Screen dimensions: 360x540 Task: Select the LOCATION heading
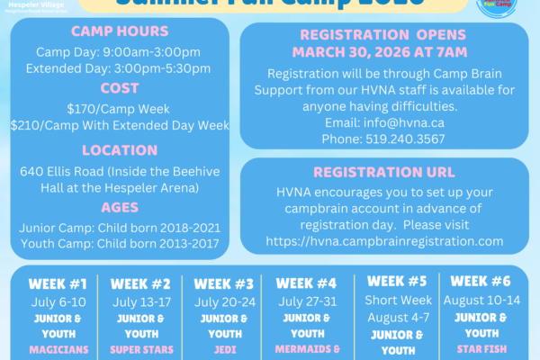tap(119, 150)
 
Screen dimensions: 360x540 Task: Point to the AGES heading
tap(119, 206)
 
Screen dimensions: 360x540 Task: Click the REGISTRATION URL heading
tap(384, 173)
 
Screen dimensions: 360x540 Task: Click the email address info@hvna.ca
tap(384, 123)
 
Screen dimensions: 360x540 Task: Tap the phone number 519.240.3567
tap(384, 139)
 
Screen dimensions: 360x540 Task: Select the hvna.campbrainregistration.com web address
tap(384, 241)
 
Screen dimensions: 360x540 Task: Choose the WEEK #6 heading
tap(480, 281)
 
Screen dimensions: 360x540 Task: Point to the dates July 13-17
tap(141, 302)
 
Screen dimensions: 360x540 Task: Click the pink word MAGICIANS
tap(58, 349)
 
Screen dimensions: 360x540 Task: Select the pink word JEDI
tap(224, 349)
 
